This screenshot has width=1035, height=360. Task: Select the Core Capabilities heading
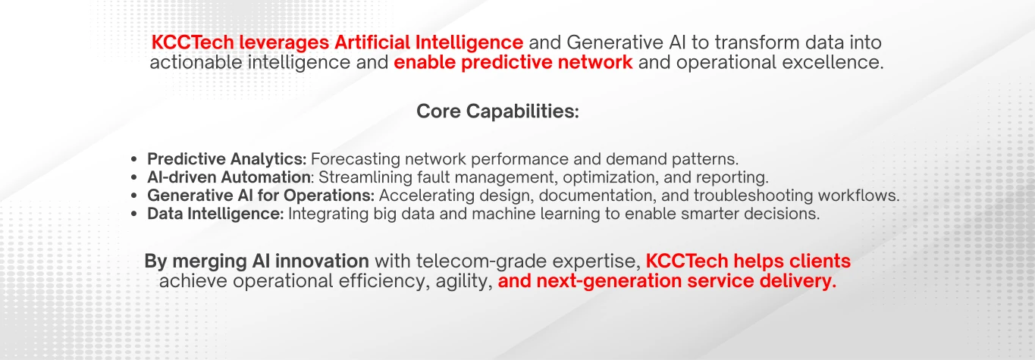click(x=497, y=112)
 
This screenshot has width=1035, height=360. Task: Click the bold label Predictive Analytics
click(x=226, y=160)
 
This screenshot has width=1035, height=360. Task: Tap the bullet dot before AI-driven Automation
click(x=134, y=178)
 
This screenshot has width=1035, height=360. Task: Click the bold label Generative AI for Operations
click(x=261, y=196)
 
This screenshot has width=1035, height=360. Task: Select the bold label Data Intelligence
click(x=215, y=214)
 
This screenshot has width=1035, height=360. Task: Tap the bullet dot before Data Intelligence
click(x=134, y=214)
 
